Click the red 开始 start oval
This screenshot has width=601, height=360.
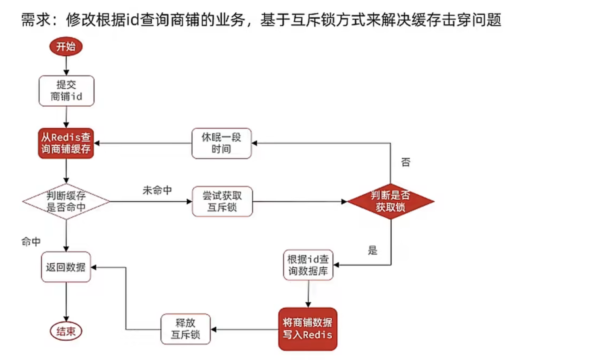tap(66, 47)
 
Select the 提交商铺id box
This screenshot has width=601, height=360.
tap(66, 91)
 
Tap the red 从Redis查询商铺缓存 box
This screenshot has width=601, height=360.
tap(66, 143)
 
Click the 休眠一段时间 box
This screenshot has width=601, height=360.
tap(221, 143)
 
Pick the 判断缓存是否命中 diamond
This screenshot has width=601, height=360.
tap(66, 201)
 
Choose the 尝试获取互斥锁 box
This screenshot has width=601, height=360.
tap(222, 201)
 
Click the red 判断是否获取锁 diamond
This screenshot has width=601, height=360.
tap(390, 201)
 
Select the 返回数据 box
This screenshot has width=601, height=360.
tap(66, 267)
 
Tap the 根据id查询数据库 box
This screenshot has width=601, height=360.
tap(308, 265)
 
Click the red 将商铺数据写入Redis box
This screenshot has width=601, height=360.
tap(308, 329)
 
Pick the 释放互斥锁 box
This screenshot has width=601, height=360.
tap(185, 329)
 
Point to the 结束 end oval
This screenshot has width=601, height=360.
tap(66, 331)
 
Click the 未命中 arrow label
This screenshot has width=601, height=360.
tap(157, 191)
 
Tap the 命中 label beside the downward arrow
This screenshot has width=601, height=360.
tap(31, 241)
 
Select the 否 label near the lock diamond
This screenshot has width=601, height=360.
tap(406, 162)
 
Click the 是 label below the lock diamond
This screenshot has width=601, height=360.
tap(373, 250)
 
